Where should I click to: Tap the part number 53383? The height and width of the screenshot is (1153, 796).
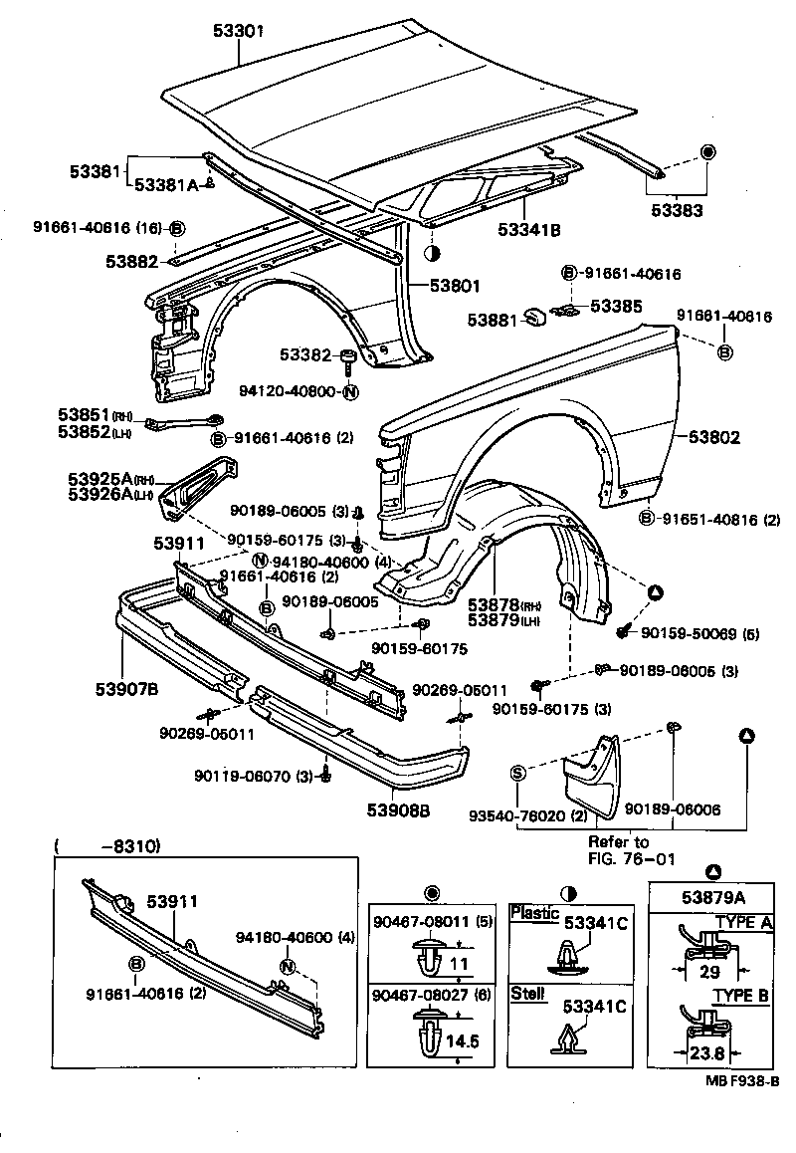678,210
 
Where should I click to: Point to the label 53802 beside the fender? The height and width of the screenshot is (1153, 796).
716,437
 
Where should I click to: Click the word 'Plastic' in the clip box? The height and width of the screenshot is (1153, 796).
534,913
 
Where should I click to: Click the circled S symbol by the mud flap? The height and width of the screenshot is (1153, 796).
517,773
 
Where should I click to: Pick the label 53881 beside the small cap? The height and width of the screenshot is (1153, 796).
496,321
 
